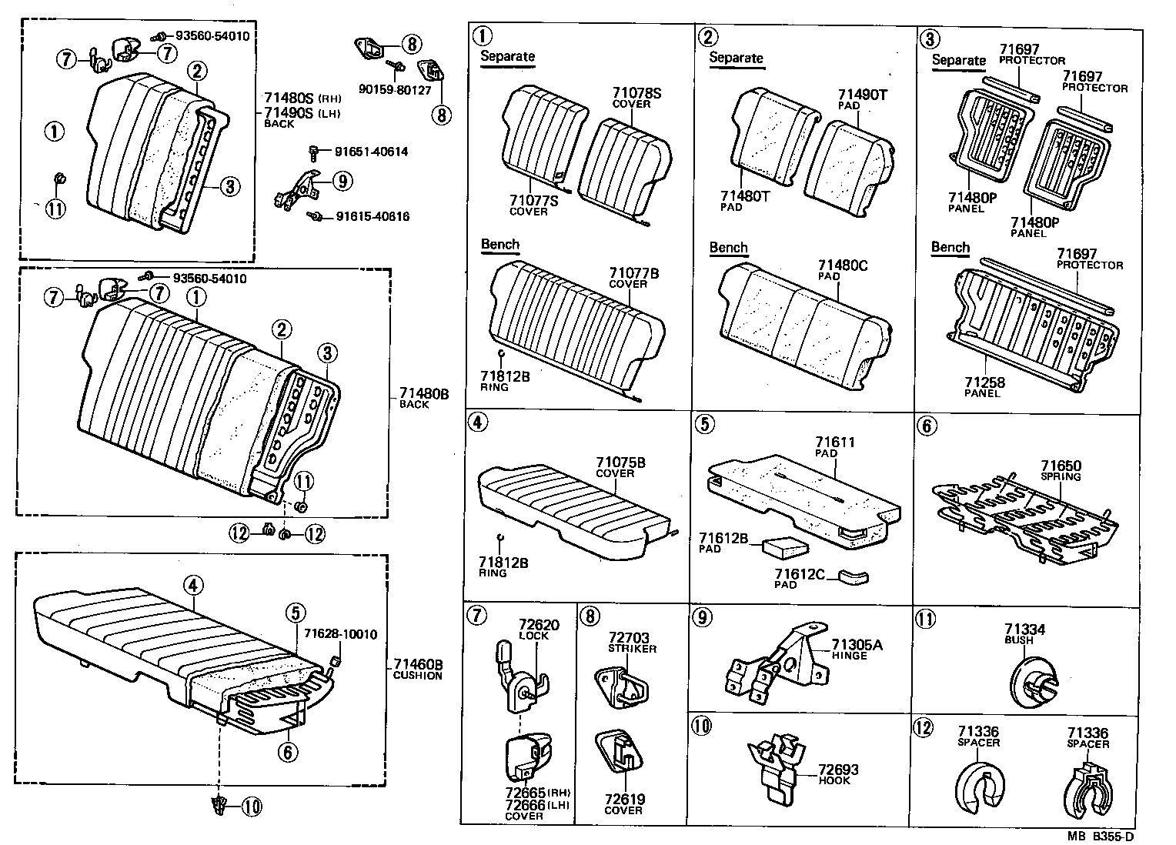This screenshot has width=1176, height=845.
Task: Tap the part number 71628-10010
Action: (340, 634)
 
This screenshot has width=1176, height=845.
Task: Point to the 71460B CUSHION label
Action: (417, 670)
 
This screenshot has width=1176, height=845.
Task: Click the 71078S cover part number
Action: (636, 94)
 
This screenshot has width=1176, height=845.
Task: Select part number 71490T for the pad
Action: (862, 95)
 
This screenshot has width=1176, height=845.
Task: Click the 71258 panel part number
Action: (984, 382)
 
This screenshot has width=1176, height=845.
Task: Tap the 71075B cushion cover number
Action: (620, 463)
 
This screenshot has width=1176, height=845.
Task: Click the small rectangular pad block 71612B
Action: (785, 546)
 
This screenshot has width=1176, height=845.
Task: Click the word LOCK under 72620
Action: (533, 636)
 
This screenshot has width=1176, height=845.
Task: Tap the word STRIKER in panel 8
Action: (633, 649)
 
